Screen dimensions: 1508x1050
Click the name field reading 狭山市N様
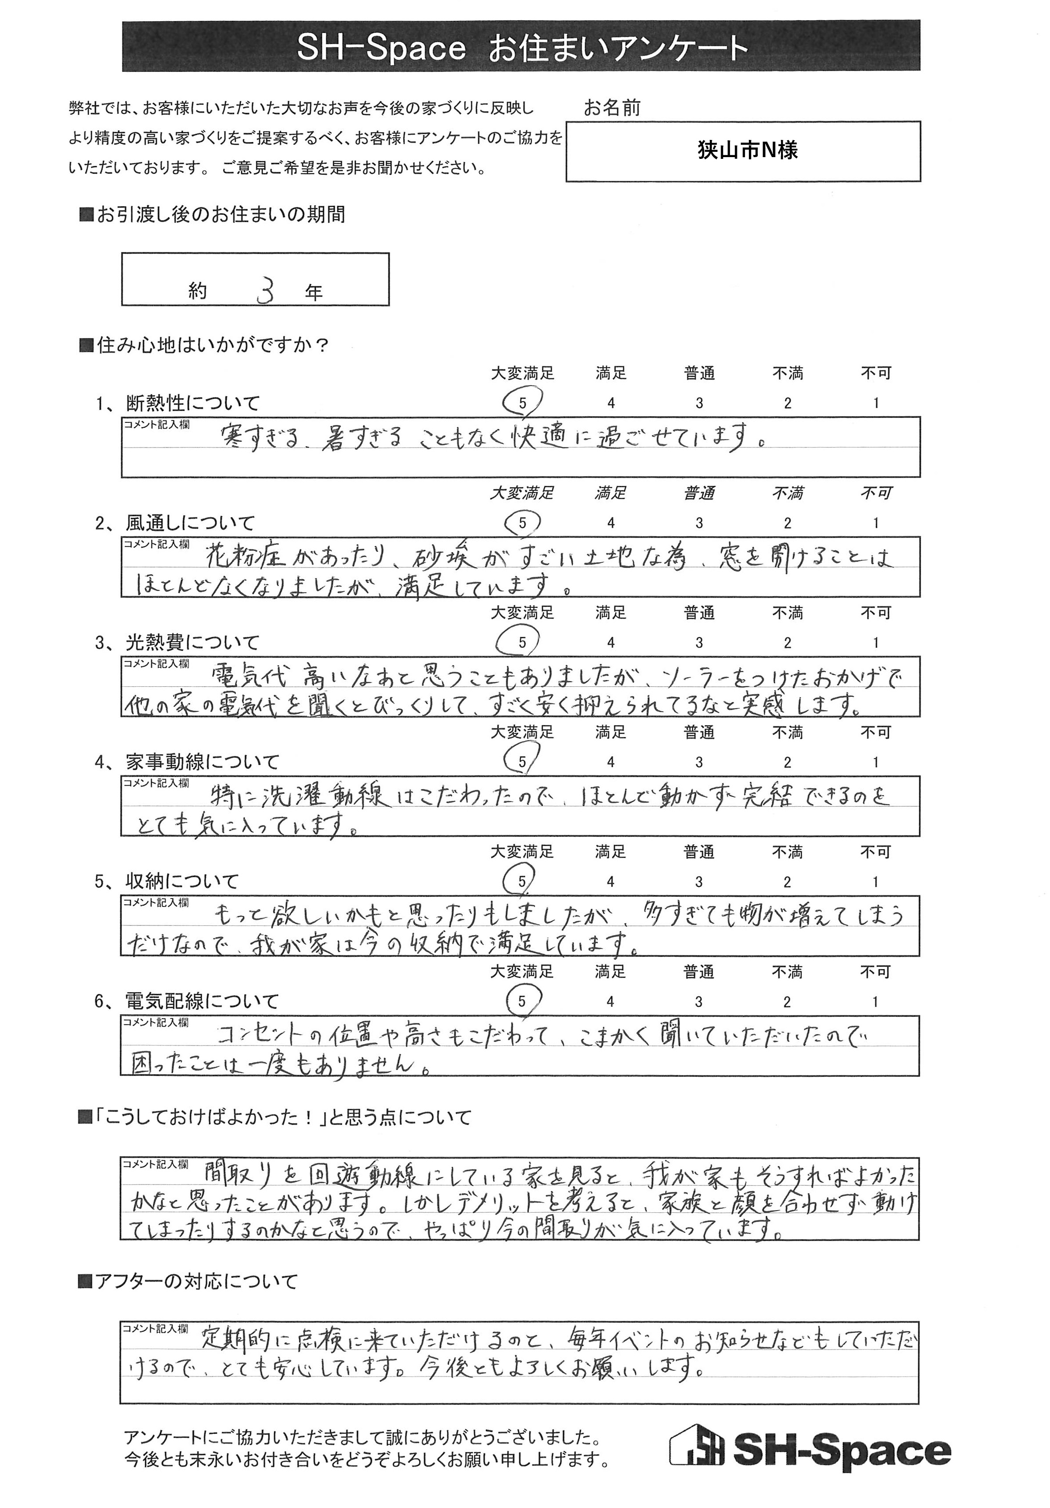[x=747, y=151]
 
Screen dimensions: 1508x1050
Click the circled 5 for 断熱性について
[x=522, y=402]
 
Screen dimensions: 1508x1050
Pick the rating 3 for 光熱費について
[x=699, y=643]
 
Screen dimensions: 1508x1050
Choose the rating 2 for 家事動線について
[x=787, y=763]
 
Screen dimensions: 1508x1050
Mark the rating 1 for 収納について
[x=875, y=882]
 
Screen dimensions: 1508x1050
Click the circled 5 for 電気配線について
[x=522, y=1002]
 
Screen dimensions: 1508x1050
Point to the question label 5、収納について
[x=167, y=881]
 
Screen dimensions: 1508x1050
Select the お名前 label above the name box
[x=612, y=108]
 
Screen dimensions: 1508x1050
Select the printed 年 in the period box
[x=314, y=293]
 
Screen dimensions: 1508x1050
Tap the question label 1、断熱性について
[x=178, y=402]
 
